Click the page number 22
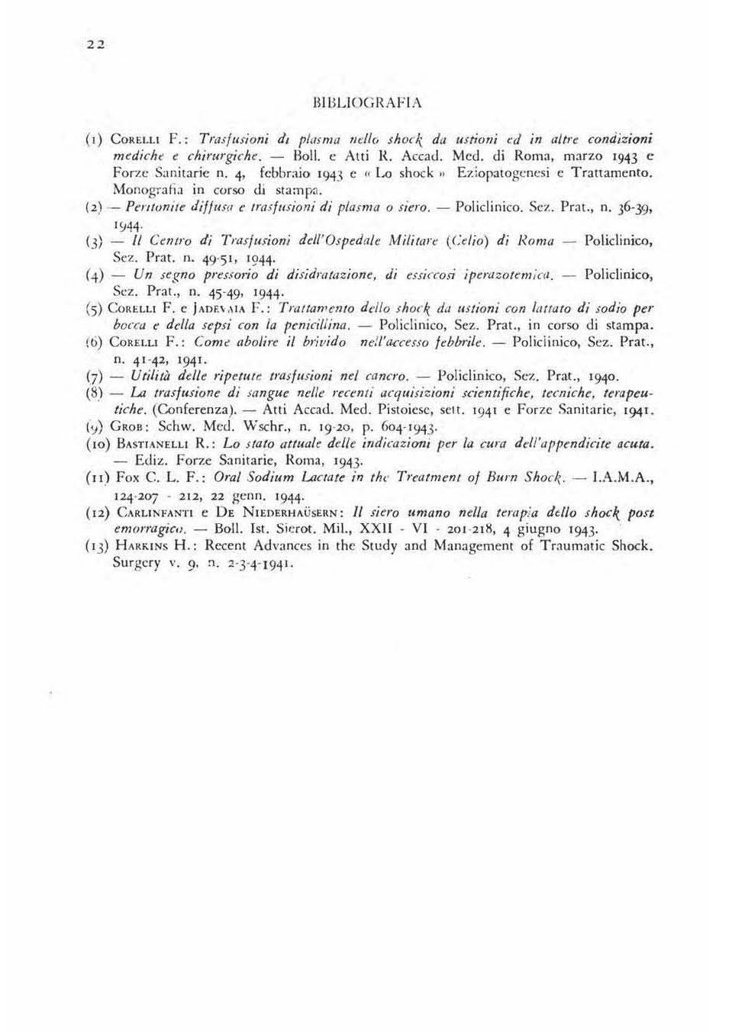point(95,44)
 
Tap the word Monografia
point(146,190)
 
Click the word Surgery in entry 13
point(137,563)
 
